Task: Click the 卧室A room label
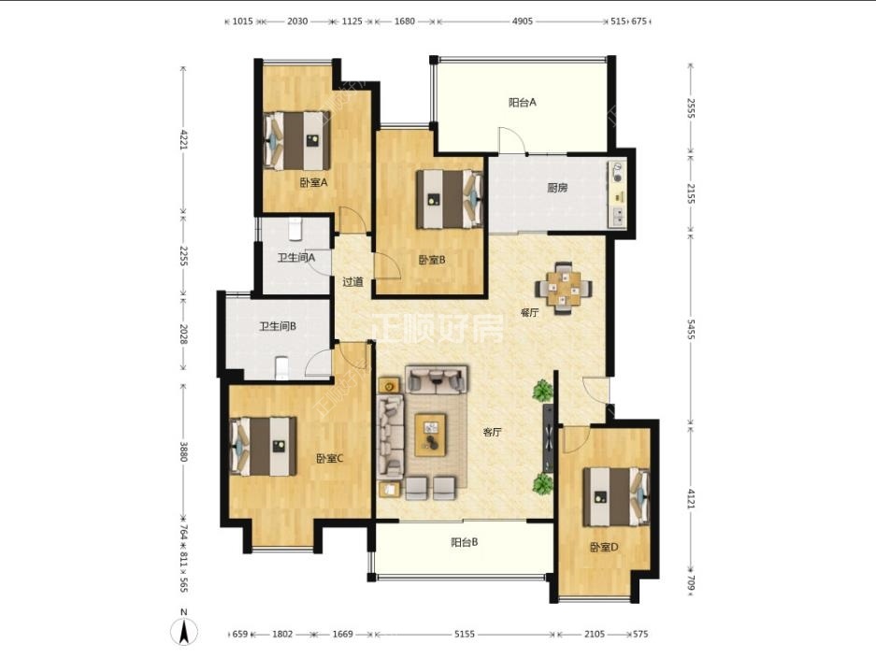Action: [x=313, y=182]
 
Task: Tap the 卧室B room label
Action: [x=432, y=260]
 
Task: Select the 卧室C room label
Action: [x=330, y=459]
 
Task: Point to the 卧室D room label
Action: [x=605, y=548]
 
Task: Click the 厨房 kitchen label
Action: [x=557, y=188]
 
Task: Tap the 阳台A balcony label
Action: [x=523, y=102]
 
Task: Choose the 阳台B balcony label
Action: [x=465, y=542]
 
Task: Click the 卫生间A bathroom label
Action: [x=296, y=258]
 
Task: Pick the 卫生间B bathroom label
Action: [x=278, y=326]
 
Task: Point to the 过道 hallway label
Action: [x=352, y=282]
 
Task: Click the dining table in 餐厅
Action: [x=565, y=288]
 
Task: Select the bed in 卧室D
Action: [x=616, y=497]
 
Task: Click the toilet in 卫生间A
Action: [x=295, y=228]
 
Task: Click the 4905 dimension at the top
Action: [x=523, y=21]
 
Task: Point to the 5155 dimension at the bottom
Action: [x=465, y=634]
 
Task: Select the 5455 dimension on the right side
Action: [x=691, y=329]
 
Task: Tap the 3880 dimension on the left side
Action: [x=183, y=451]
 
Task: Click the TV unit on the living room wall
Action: [x=549, y=439]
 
